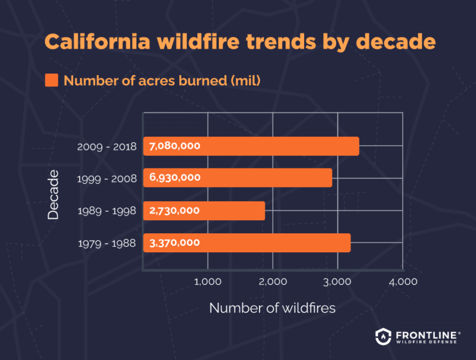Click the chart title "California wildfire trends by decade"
coord(240,43)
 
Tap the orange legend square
coord(52,80)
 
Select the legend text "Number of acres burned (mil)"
coord(162,80)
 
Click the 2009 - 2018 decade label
coord(107,146)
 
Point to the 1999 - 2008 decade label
coord(107,179)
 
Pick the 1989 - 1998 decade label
coord(107,211)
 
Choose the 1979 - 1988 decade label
coord(107,243)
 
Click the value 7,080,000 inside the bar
coord(174,146)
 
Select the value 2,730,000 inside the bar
coord(174,211)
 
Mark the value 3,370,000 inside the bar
coord(174,243)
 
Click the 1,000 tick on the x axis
coord(208,281)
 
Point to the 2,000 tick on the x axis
coord(273,281)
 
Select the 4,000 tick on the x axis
coord(402,281)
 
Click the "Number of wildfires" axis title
coord(273,308)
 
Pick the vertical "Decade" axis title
coord(54,195)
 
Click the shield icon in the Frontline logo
coord(384,336)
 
